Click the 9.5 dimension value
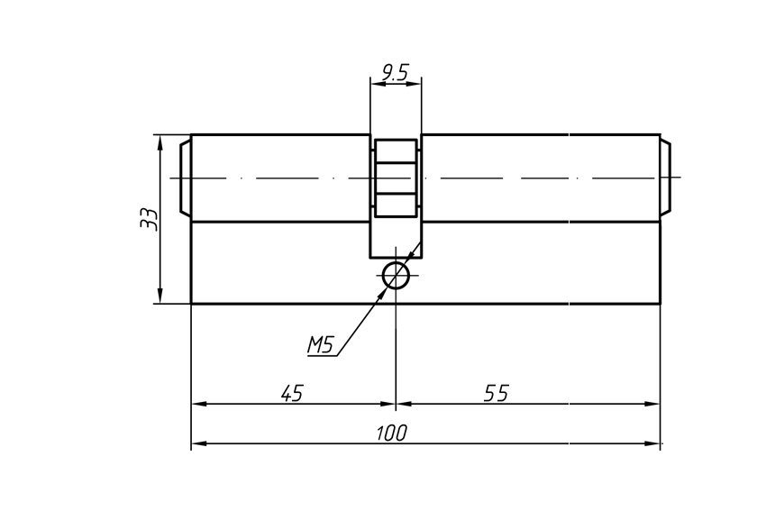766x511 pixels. coord(395,72)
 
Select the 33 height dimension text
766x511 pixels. coord(150,219)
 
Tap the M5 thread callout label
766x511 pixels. coord(320,344)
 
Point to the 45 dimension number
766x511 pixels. coord(292,393)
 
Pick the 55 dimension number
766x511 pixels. coord(497,393)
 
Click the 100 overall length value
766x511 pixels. coord(391,433)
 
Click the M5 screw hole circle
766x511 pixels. coord(396,276)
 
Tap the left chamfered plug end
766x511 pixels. coord(185,178)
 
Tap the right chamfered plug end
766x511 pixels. coord(665,178)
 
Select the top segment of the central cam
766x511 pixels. coord(396,151)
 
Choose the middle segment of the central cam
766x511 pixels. coord(396,178)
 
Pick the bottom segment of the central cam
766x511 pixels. coord(396,205)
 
